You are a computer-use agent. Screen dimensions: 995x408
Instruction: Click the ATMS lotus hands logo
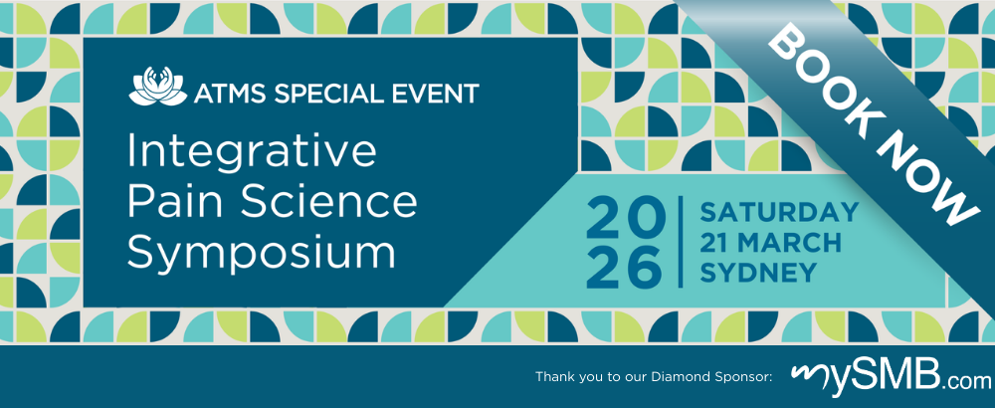click(158, 86)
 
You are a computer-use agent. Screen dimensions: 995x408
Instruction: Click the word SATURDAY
click(779, 213)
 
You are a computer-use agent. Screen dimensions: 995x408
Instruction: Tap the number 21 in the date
click(714, 243)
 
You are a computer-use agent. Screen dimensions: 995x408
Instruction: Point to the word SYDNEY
click(757, 273)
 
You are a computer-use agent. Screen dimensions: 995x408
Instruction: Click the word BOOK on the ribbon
click(822, 77)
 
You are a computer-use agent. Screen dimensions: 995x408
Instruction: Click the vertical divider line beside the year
click(682, 242)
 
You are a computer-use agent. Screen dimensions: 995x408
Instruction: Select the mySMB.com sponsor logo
click(891, 377)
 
